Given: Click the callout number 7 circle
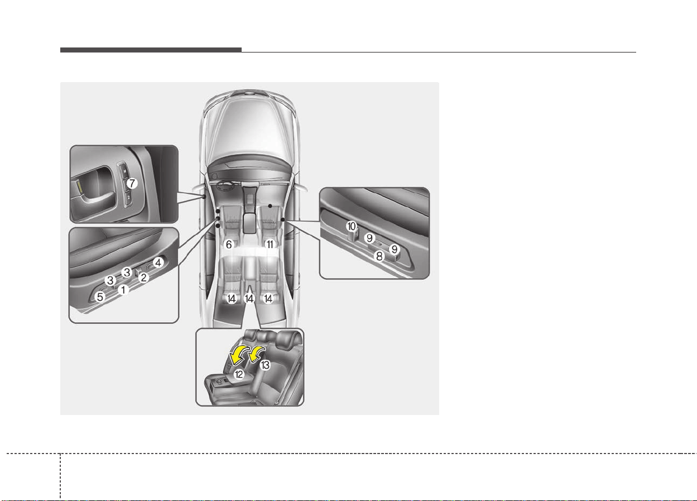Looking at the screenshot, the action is [132, 183].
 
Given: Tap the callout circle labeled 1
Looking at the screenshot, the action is [123, 290].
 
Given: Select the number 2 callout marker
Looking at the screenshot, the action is [143, 278].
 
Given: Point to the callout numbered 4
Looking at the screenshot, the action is [158, 263].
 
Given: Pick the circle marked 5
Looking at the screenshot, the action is [100, 297].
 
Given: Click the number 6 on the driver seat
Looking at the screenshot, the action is [229, 245].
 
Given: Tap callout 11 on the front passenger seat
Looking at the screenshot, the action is [270, 245].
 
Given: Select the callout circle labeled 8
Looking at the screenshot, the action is [379, 256].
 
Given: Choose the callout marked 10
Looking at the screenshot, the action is [352, 226].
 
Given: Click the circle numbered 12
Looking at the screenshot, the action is [239, 374].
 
